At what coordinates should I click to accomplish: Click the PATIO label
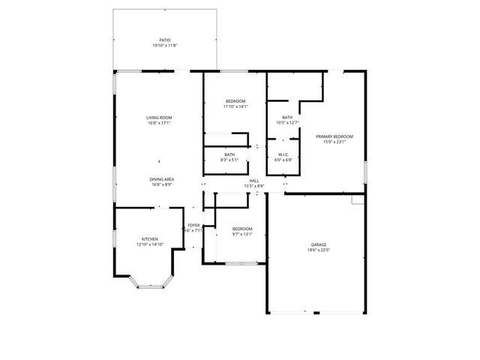[164, 40]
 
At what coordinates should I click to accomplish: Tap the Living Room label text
[159, 117]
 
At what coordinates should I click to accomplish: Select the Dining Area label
[161, 179]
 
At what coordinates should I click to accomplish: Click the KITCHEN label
[149, 239]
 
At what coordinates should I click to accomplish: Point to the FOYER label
[193, 225]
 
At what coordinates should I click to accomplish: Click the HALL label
[254, 181]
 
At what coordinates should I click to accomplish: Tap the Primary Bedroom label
[334, 136]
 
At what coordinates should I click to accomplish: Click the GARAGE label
[319, 244]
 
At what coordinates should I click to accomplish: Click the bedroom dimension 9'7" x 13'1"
[241, 234]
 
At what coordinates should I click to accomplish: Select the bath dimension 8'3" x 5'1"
[229, 160]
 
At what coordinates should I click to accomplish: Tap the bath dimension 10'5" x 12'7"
[287, 123]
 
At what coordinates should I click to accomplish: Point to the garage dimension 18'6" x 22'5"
[319, 250]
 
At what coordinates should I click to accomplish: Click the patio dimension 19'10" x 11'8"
[164, 46]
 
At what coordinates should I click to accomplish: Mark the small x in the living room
[159, 161]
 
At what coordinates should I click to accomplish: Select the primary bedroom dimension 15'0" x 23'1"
[334, 142]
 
